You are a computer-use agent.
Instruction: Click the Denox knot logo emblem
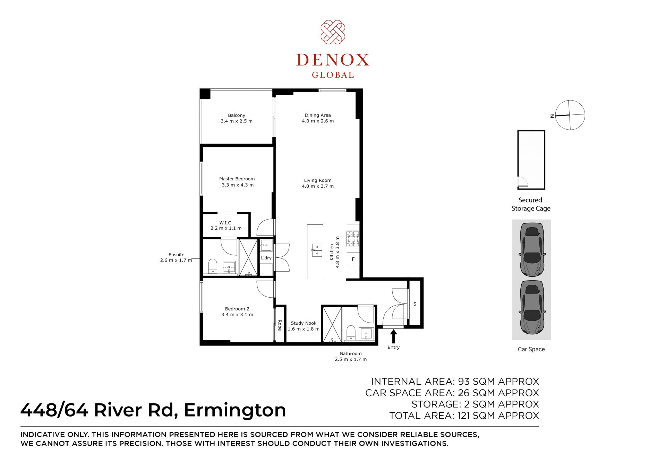click(333, 32)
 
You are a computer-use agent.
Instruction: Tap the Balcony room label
click(237, 118)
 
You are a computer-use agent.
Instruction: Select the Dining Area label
click(318, 118)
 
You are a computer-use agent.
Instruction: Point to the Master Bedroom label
click(237, 182)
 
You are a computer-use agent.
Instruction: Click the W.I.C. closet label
click(226, 225)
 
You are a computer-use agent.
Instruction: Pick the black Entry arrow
click(393, 336)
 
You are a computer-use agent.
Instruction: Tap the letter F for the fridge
click(353, 259)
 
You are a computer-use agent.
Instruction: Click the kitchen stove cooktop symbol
click(353, 239)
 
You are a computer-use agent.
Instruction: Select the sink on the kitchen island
click(317, 250)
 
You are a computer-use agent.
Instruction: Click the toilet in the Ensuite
click(213, 266)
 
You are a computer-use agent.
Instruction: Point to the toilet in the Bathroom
click(351, 333)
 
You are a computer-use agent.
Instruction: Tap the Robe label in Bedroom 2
click(280, 325)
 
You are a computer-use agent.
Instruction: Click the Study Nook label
click(304, 326)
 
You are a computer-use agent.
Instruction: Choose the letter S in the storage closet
click(415, 304)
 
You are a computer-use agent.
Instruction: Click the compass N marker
click(552, 116)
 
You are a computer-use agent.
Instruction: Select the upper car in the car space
click(532, 249)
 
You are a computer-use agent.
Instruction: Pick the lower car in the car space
click(532, 307)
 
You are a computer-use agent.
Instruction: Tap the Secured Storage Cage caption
click(531, 204)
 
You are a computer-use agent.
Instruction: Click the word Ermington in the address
click(235, 410)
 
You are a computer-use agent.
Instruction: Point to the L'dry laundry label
click(266, 258)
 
